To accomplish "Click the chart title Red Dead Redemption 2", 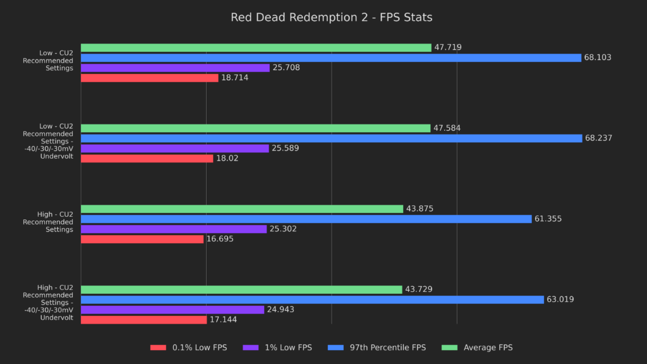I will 332,17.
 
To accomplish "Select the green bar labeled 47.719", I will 256,47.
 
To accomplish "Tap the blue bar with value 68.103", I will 331,58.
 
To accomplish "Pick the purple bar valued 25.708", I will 175,68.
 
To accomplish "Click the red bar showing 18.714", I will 150,78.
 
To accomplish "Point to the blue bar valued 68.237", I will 331,138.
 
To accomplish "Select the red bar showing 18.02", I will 147,158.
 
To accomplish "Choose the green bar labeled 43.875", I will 242,209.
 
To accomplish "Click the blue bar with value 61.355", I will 306,219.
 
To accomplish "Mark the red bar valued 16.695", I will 142,239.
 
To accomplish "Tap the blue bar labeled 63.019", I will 312,300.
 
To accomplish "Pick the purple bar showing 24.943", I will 172,310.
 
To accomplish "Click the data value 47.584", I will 447,128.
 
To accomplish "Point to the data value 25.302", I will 283,229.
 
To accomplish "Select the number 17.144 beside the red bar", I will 223,320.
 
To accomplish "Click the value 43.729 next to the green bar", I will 419,289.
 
